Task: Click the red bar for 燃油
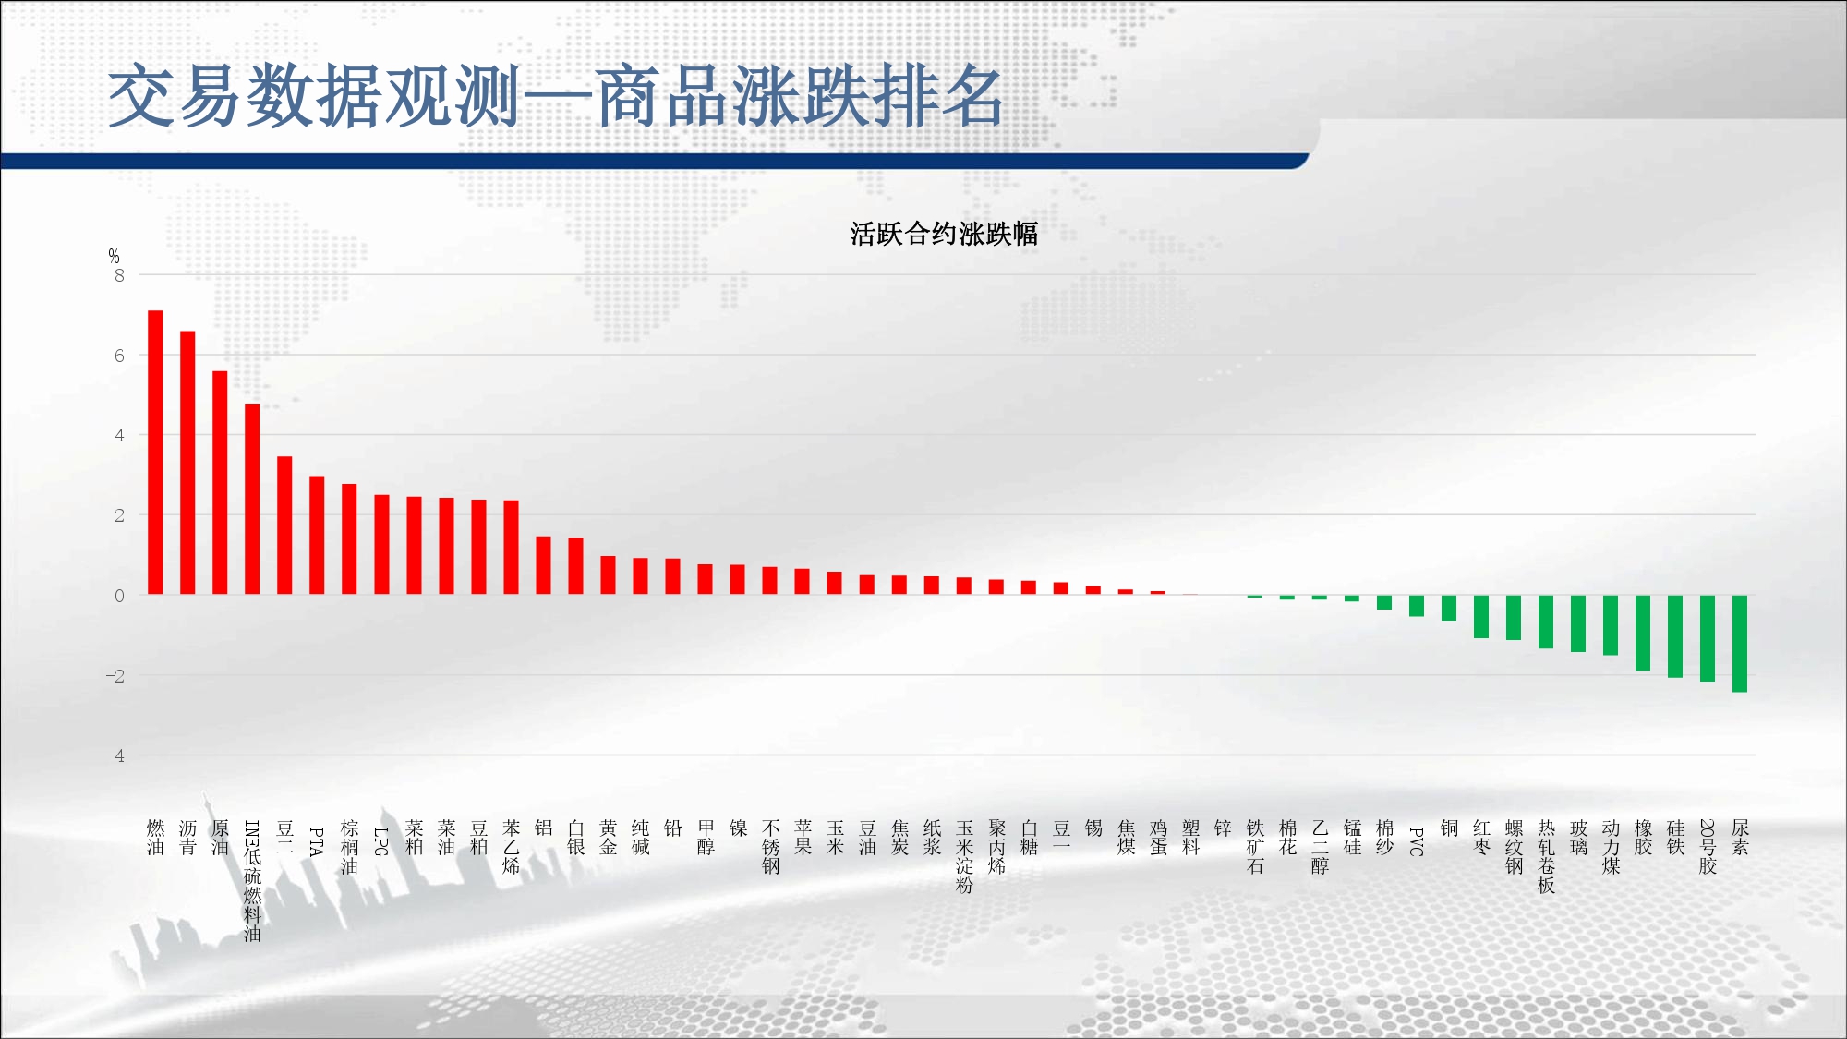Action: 155,453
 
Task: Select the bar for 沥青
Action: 187,463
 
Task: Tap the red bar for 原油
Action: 220,483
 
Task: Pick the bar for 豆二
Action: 284,526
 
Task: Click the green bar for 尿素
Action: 1740,644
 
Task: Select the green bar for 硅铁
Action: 1675,636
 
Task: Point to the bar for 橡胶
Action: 1643,634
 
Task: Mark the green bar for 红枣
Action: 1481,617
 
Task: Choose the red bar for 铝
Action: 543,565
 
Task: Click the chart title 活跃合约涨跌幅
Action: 944,234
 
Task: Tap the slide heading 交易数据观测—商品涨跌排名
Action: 556,96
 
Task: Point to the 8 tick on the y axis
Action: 119,275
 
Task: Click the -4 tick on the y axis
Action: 115,755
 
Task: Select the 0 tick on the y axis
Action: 119,596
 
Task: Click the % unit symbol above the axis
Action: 114,256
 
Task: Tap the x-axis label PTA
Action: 317,841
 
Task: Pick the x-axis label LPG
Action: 381,841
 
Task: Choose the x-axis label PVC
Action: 1417,841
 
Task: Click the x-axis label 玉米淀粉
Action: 964,856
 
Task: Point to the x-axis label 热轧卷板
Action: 1546,856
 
